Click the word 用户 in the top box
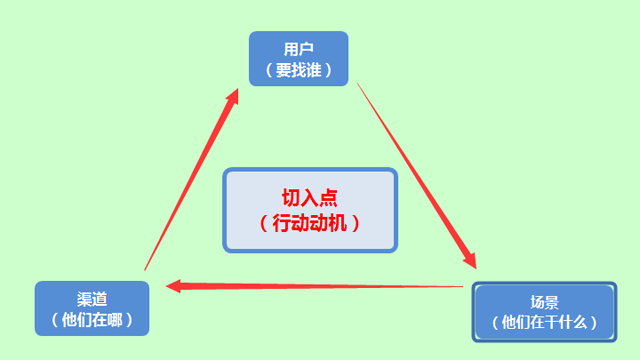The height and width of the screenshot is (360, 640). coord(298,48)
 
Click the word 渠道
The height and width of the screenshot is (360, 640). coord(92,299)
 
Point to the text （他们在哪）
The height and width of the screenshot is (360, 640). coord(92,320)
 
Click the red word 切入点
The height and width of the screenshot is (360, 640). coord(310,197)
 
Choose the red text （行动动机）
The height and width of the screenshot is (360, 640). coord(310,223)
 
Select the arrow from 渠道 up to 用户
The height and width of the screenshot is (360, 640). coord(190,180)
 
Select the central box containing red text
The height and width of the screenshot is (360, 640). coord(310,209)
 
